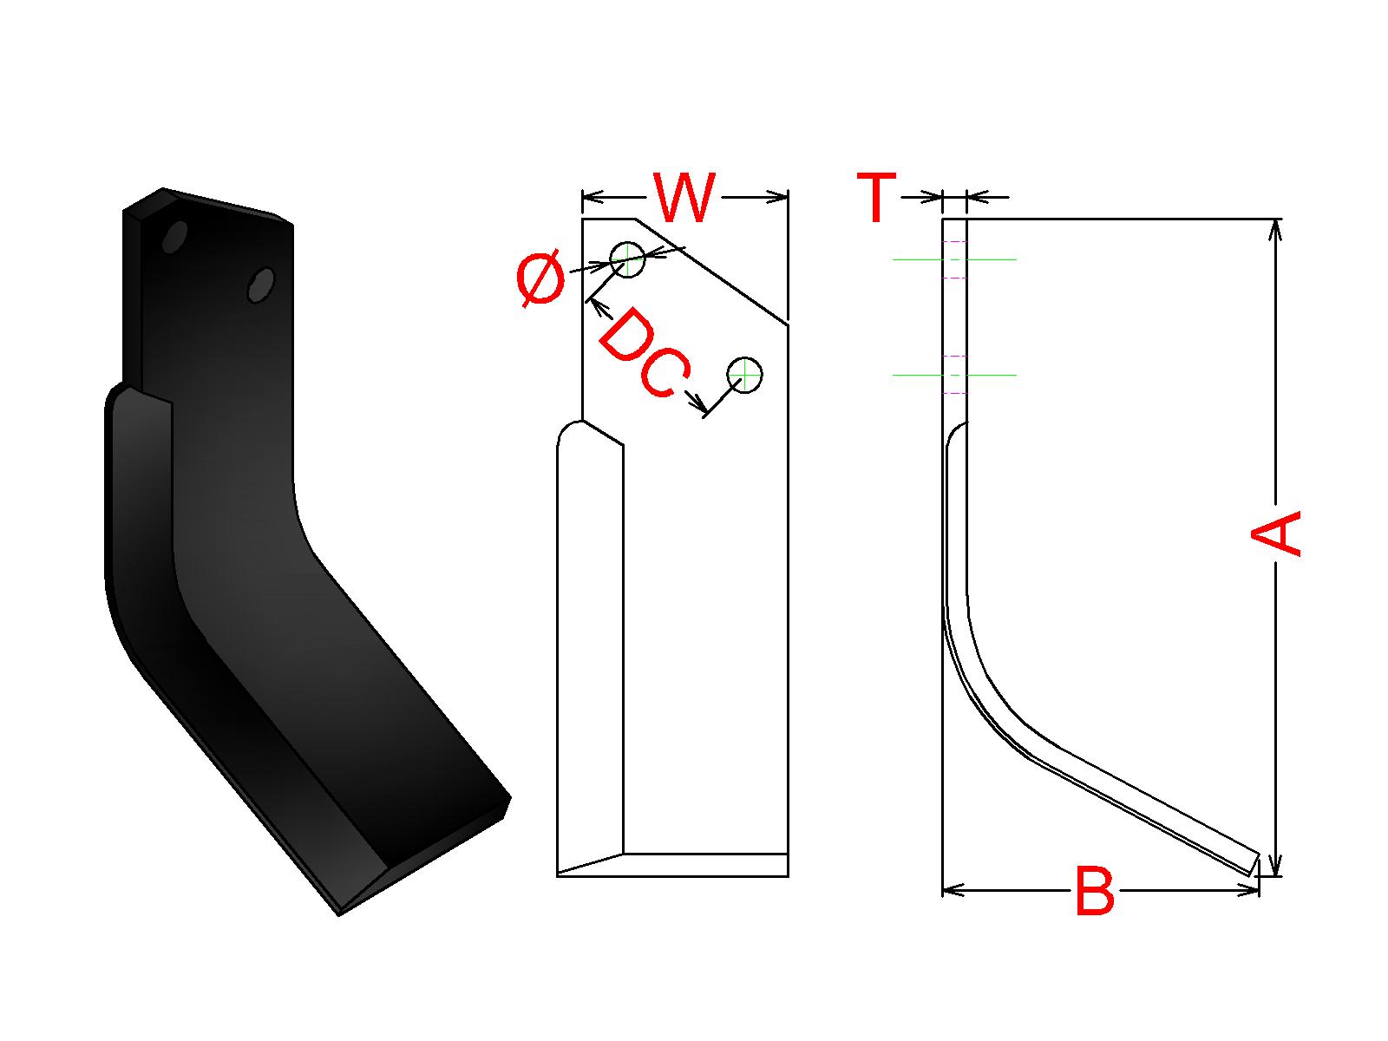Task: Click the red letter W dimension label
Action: point(685,199)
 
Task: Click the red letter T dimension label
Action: point(876,199)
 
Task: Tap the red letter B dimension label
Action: point(1094,891)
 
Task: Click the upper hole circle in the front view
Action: point(627,259)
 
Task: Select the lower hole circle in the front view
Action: point(745,375)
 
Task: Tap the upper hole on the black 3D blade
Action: point(174,236)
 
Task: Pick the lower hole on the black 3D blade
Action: point(260,285)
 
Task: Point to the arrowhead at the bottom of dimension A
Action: point(1273,866)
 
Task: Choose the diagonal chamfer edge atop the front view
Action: point(711,272)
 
